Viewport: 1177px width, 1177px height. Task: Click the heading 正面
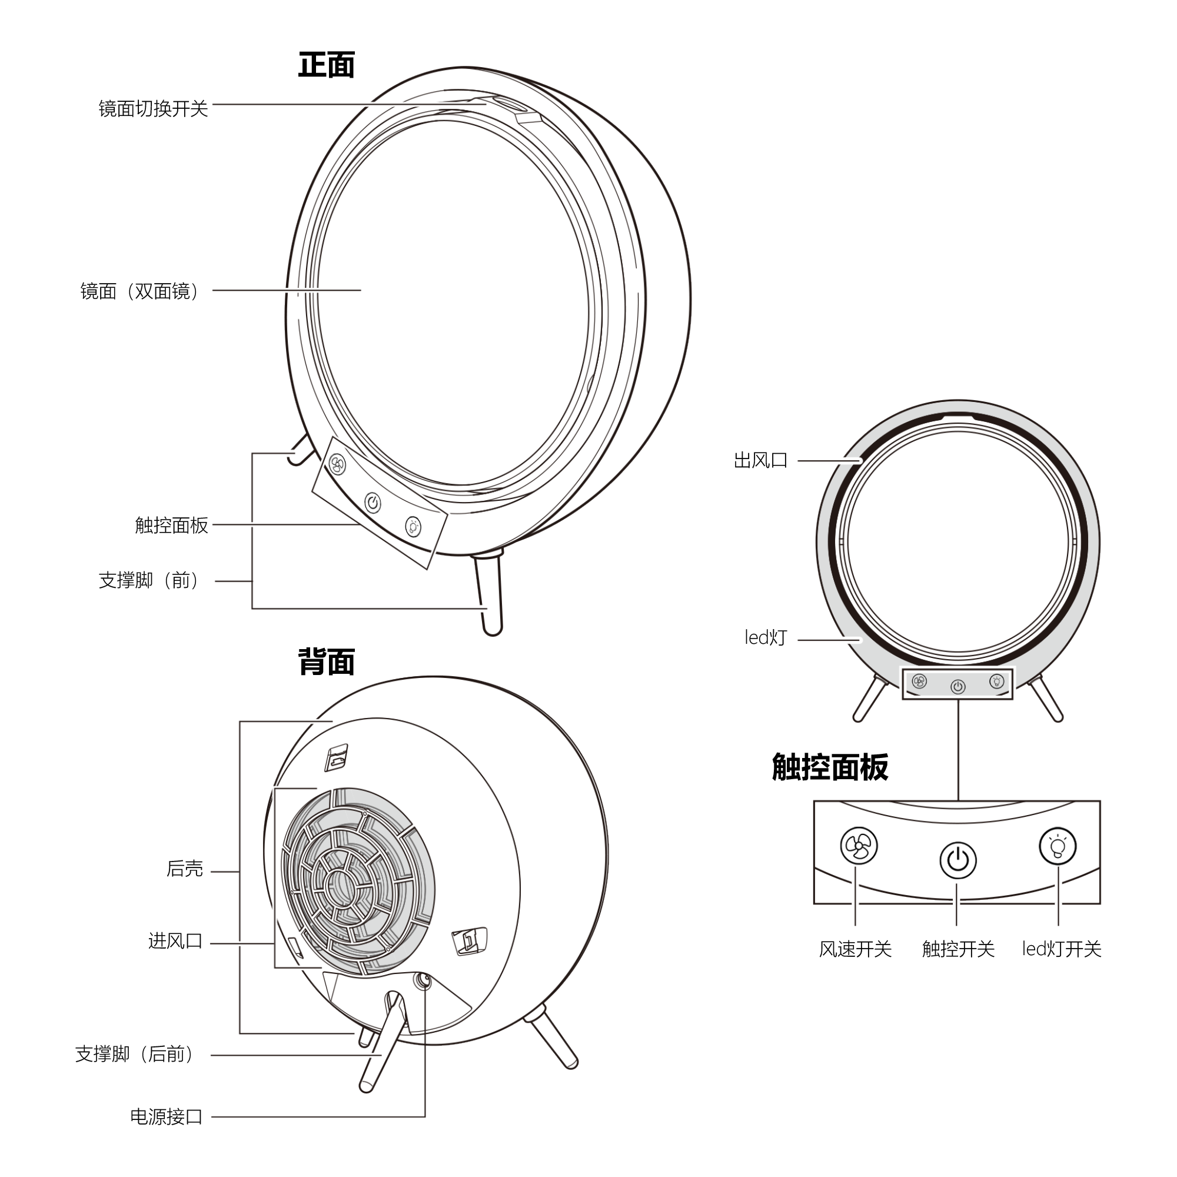click(327, 65)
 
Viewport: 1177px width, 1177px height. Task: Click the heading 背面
click(327, 661)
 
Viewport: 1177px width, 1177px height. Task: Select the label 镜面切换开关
click(154, 108)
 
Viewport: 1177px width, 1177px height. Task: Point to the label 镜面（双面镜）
click(140, 291)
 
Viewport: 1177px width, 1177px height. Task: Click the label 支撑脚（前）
click(149, 580)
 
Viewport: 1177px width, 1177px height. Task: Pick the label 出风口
click(760, 461)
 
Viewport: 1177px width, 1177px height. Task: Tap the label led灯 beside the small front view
click(766, 637)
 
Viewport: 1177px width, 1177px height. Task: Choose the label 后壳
click(185, 869)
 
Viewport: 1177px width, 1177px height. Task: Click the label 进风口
click(175, 940)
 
